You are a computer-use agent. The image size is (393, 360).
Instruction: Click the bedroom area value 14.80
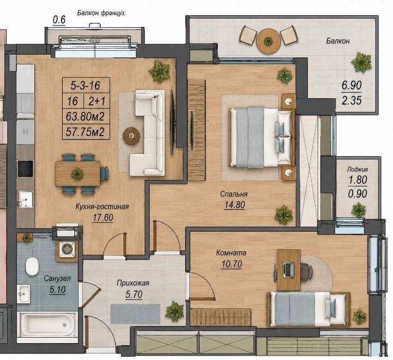click(x=235, y=205)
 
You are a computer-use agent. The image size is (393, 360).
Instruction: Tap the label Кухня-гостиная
click(x=102, y=206)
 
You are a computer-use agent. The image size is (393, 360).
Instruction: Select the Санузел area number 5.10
click(x=57, y=290)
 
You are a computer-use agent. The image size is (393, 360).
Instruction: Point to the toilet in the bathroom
click(x=32, y=266)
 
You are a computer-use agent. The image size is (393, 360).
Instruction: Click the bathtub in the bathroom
click(x=47, y=324)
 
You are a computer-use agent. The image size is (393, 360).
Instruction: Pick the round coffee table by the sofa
click(x=131, y=135)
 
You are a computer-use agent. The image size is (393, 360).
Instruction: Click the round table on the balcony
click(x=268, y=41)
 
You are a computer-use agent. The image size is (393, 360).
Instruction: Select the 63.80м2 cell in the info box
click(x=85, y=116)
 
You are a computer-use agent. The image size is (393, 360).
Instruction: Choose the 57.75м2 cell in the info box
click(x=85, y=132)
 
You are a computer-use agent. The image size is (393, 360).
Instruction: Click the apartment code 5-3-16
click(x=85, y=85)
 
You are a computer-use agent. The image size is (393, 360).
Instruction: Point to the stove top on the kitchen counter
click(x=25, y=169)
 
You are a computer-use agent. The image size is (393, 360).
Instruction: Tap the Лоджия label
click(x=358, y=169)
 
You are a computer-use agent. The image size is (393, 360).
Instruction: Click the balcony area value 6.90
click(x=352, y=85)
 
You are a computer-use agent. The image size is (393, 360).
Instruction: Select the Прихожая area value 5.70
click(x=134, y=294)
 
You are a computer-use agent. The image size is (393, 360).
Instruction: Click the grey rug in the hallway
click(x=135, y=314)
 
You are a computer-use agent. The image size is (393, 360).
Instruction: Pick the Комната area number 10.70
click(x=231, y=264)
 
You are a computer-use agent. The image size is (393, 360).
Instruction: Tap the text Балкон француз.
click(x=102, y=13)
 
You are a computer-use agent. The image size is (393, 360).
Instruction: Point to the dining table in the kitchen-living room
click(x=78, y=174)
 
